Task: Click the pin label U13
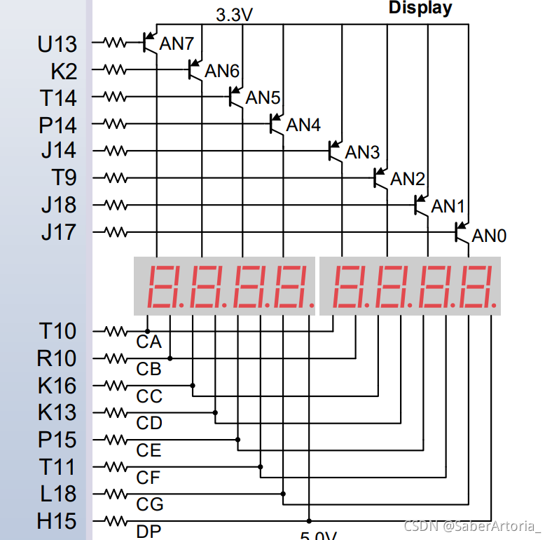(x=57, y=44)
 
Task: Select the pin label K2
(x=64, y=71)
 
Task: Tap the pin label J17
(x=58, y=231)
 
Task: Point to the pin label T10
(x=57, y=331)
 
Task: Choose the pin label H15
(x=57, y=522)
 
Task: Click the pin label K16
(x=57, y=386)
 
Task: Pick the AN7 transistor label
(x=177, y=43)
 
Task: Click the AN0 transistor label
(x=489, y=236)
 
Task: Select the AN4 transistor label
(x=303, y=125)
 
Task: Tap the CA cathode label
(x=149, y=342)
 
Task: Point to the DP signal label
(x=149, y=532)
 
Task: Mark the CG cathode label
(x=150, y=504)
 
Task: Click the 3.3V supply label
(x=234, y=15)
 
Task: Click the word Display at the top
(x=420, y=8)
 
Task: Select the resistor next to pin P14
(x=115, y=123)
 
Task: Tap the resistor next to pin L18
(x=115, y=493)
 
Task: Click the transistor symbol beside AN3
(x=335, y=151)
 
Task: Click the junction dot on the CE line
(x=238, y=440)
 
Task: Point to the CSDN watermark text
(x=473, y=525)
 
